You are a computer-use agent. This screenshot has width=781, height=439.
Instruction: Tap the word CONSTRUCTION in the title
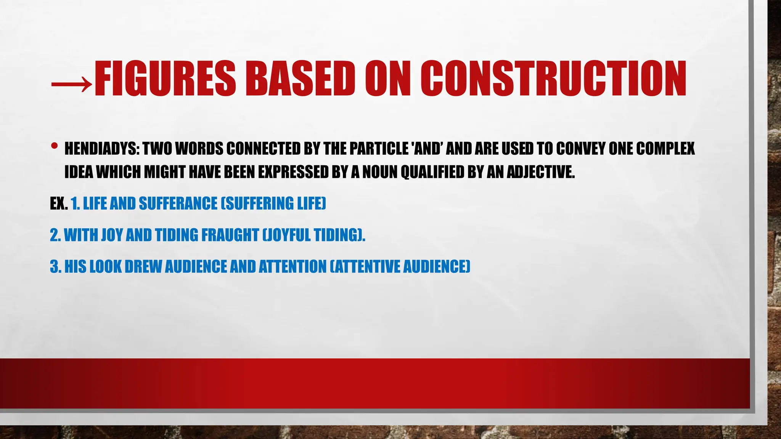point(553,79)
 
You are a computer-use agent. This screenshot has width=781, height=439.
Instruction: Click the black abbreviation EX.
point(59,204)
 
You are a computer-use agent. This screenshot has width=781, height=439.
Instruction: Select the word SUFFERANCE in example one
point(178,204)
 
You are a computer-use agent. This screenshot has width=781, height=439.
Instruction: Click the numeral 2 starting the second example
point(54,235)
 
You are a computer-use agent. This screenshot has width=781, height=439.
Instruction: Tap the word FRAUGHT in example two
point(230,235)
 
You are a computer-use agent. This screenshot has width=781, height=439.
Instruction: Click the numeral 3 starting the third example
point(54,267)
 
